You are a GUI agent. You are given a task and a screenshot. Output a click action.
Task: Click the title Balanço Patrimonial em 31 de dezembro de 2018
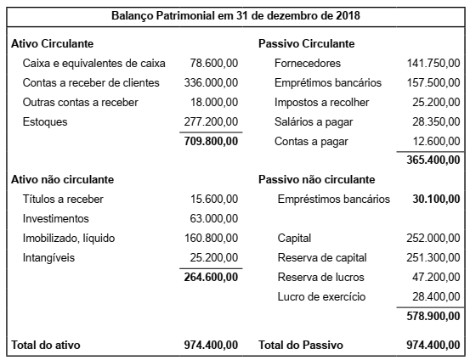[235, 16]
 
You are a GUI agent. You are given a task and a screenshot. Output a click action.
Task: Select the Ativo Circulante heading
[53, 43]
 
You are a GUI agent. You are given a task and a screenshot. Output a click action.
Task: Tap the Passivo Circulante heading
[306, 43]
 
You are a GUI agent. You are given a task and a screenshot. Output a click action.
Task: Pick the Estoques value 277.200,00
[211, 122]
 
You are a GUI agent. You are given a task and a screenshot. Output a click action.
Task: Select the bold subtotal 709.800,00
[211, 141]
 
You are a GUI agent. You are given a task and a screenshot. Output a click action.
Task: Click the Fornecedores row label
[308, 64]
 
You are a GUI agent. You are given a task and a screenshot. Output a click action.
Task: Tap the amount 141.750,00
[433, 64]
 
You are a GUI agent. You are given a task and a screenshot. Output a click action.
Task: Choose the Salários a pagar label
[313, 122]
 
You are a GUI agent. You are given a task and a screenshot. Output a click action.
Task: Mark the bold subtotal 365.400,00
[433, 160]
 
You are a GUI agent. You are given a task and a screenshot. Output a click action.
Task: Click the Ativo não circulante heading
[62, 180]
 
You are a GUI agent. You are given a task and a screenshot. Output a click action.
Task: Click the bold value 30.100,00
[436, 200]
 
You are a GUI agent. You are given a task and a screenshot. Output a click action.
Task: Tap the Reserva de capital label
[320, 257]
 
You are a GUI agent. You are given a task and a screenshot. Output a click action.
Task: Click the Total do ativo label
[46, 344]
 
